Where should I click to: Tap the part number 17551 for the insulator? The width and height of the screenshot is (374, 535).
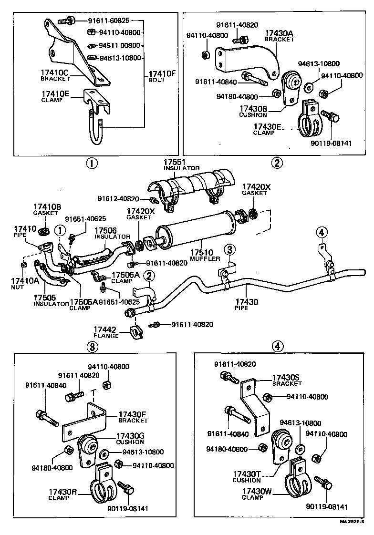click(175, 162)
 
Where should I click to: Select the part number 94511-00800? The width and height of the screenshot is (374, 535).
click(119, 45)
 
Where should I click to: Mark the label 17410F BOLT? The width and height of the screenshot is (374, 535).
click(162, 76)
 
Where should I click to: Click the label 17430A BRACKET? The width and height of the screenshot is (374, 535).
click(280, 36)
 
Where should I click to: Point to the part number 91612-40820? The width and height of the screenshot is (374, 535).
click(118, 199)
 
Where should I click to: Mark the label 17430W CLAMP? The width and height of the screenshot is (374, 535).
click(255, 494)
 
